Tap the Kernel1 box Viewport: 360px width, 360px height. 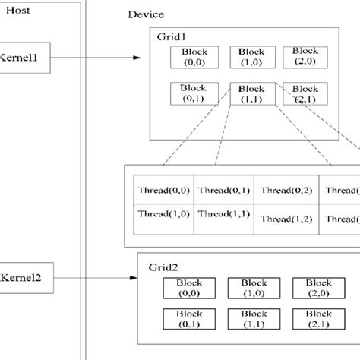tap(24, 58)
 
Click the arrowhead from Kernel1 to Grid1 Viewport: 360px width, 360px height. tap(137, 58)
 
